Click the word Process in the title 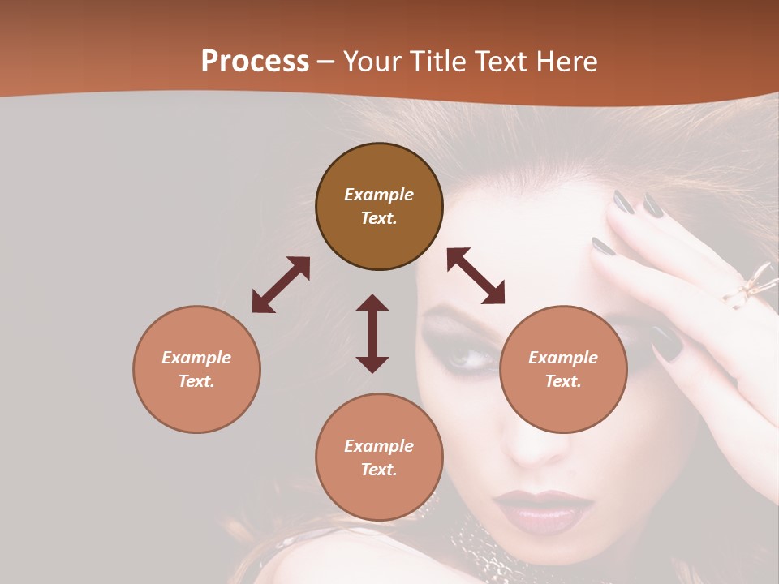point(255,62)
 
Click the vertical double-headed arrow point(372,333)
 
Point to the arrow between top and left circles point(281,285)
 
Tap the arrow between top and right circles point(476,277)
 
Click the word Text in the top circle point(378,218)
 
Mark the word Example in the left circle point(196,357)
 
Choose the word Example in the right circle point(563,357)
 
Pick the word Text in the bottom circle point(378,470)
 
